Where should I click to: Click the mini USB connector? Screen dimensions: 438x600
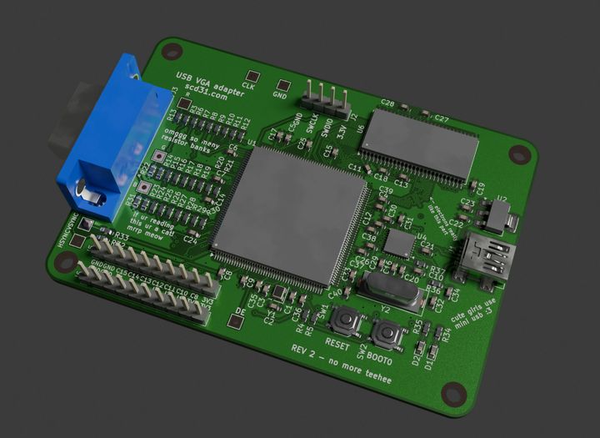point(487,256)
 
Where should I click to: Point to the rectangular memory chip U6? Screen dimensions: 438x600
point(420,143)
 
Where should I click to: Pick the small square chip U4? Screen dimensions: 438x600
point(400,244)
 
